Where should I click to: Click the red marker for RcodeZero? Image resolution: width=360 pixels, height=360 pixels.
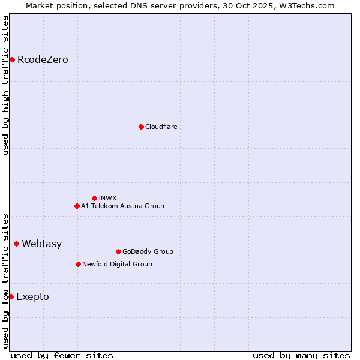[12, 59]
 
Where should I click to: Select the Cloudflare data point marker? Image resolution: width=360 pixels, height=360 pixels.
[141, 127]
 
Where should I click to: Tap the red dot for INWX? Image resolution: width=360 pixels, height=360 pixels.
[94, 198]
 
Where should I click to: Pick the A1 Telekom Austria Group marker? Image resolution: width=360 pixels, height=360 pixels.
[77, 206]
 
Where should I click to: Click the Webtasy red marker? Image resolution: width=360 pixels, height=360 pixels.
[16, 244]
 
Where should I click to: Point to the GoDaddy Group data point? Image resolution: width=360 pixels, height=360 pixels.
[118, 251]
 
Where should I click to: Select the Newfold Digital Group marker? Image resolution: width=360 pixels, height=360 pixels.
[78, 264]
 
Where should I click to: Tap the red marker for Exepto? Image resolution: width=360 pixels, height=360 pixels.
[11, 296]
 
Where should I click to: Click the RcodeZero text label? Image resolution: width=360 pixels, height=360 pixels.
[43, 59]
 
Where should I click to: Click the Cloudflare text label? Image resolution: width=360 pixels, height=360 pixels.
[161, 127]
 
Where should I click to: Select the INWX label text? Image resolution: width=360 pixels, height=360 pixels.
[107, 198]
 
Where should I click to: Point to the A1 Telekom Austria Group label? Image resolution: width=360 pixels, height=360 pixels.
[122, 206]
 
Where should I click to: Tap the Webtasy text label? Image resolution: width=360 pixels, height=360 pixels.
[41, 244]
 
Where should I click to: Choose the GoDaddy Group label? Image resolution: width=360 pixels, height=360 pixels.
[148, 251]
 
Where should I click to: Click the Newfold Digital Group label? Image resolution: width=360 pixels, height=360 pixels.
[117, 264]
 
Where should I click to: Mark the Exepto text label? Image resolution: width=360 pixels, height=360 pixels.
[32, 296]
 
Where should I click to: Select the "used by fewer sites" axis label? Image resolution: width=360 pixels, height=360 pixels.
[62, 355]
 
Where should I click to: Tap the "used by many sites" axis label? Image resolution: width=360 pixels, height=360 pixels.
[301, 355]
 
